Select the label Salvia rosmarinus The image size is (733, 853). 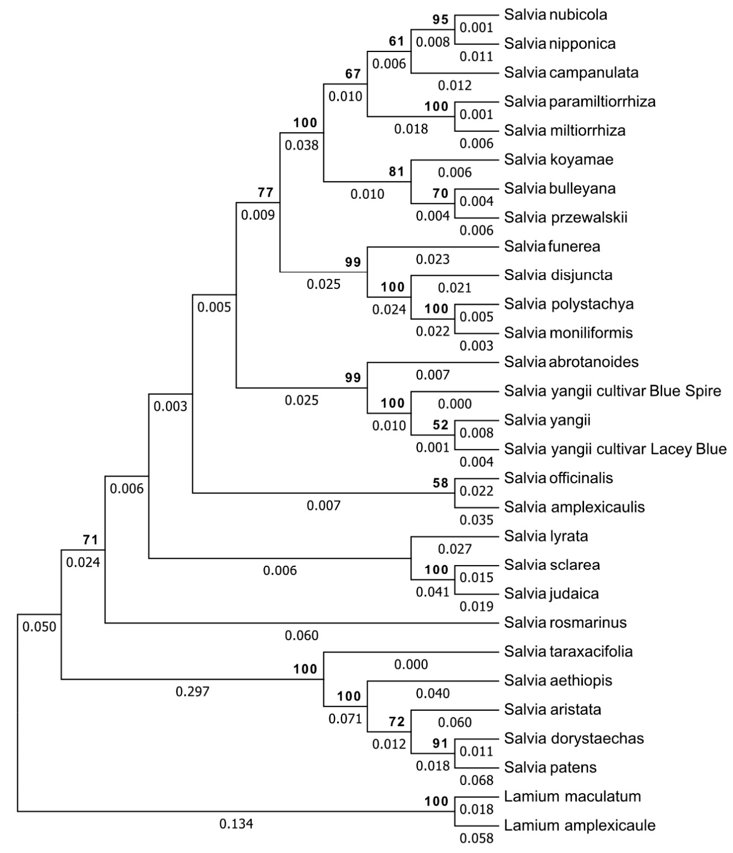(x=565, y=623)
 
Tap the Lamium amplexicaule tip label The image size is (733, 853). (x=580, y=825)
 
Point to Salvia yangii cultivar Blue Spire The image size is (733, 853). (x=612, y=391)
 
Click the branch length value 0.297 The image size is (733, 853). (x=193, y=691)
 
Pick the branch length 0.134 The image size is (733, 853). (x=236, y=824)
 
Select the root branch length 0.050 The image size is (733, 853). (x=39, y=627)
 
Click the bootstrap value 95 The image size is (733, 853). (x=440, y=20)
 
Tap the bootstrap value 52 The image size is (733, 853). (x=440, y=425)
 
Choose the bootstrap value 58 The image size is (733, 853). (x=440, y=483)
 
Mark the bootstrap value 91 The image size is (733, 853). (x=440, y=744)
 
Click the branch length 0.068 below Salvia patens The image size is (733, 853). (x=477, y=780)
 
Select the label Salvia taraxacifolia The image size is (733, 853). (x=568, y=652)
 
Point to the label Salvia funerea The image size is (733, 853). (x=552, y=246)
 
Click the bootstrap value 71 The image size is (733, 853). (x=90, y=540)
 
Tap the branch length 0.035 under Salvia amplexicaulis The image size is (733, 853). (x=477, y=520)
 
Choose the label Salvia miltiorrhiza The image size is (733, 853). (x=565, y=131)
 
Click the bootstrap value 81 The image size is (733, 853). (x=396, y=172)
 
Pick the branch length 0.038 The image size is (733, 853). (x=302, y=146)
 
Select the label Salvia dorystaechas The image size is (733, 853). (x=574, y=738)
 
